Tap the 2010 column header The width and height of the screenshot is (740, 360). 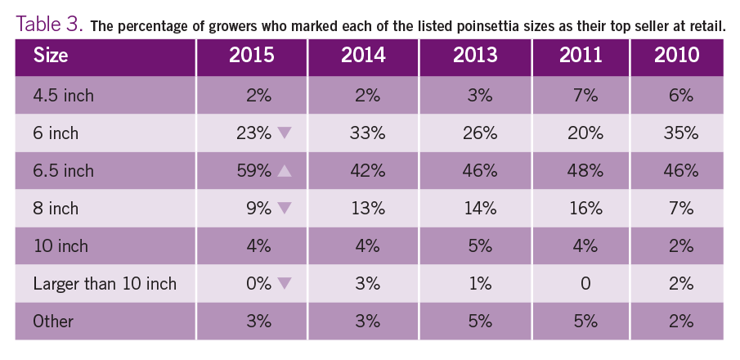[x=676, y=57]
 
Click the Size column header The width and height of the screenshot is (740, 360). [x=51, y=57]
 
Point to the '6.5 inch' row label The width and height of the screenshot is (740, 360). [x=64, y=171]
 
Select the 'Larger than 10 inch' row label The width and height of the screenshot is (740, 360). [x=104, y=284]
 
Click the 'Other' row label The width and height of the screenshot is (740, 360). [x=53, y=322]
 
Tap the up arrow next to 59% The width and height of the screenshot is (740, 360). [x=285, y=171]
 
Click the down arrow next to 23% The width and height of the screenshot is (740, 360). [x=285, y=133]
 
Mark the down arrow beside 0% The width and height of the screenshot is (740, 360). [x=285, y=284]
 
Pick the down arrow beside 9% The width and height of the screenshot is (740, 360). [x=285, y=209]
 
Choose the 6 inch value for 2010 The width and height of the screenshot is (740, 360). [x=676, y=133]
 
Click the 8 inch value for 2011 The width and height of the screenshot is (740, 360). [x=585, y=209]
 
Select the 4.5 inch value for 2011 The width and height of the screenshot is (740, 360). [x=585, y=96]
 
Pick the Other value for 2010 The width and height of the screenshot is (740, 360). [x=676, y=322]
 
